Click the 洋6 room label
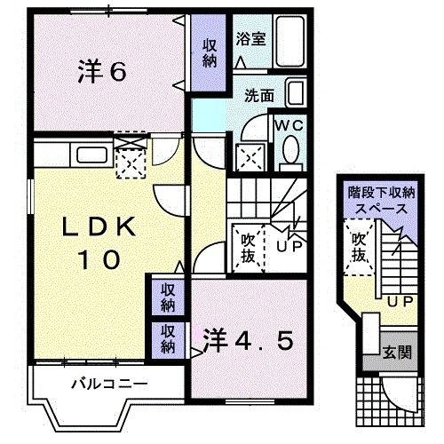tap(102, 71)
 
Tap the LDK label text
tap(99, 227)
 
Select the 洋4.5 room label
tap(248, 340)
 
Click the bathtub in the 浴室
tap(290, 41)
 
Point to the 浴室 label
tap(250, 39)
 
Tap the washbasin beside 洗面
tap(296, 92)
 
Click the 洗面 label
tap(259, 95)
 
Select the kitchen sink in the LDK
tap(91, 155)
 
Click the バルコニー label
tap(109, 385)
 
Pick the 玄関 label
tap(397, 353)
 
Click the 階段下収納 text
tap(382, 193)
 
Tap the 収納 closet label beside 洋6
tap(210, 53)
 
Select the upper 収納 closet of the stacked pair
tap(168, 297)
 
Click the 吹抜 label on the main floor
tap(248, 248)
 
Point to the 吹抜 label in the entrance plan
tap(359, 247)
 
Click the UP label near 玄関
tap(400, 301)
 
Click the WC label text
tap(289, 125)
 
